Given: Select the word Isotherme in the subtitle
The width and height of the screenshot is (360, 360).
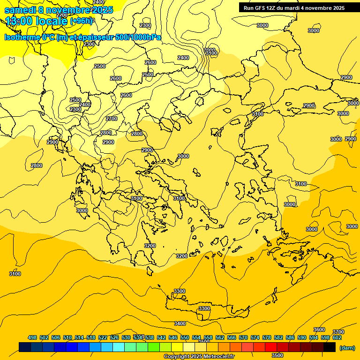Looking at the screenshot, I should pyautogui.click(x=22, y=37).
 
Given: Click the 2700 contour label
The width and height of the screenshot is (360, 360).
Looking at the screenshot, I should pyautogui.click(x=112, y=119).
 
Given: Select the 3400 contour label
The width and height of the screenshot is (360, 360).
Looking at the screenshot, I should pyautogui.click(x=180, y=323).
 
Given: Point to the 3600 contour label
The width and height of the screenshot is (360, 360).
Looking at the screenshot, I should pyautogui.click(x=319, y=330).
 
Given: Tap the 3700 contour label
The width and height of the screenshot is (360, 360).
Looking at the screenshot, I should pyautogui.click(x=338, y=332).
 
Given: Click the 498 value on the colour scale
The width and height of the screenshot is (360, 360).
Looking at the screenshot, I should pyautogui.click(x=32, y=337).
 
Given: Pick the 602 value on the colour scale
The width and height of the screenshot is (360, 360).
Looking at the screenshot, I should pyautogui.click(x=337, y=337).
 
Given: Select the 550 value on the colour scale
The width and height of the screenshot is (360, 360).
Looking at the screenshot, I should pyautogui.click(x=185, y=337).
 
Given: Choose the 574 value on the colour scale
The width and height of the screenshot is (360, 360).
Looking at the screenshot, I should pyautogui.click(x=255, y=337).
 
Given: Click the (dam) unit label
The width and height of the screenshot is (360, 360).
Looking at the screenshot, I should pyautogui.click(x=347, y=348).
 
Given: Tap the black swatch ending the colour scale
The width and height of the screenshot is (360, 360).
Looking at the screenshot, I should pyautogui.click(x=330, y=347).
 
